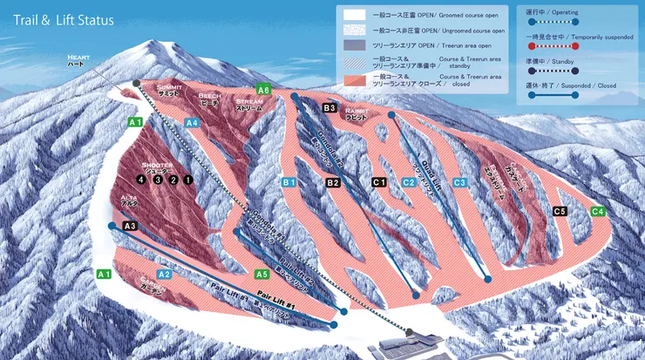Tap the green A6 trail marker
[x=264, y=89]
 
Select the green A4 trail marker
[x=193, y=123]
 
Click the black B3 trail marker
[x=329, y=108]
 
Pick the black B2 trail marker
[x=332, y=183]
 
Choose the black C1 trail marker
[x=378, y=182]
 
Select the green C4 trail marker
[x=598, y=211]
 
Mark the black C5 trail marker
[x=560, y=211]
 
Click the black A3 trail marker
[x=131, y=226]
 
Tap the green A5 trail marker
[x=261, y=274]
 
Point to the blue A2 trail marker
[x=164, y=274]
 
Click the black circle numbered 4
[x=140, y=180]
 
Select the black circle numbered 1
[x=187, y=180]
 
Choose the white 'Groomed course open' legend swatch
[x=355, y=15]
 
